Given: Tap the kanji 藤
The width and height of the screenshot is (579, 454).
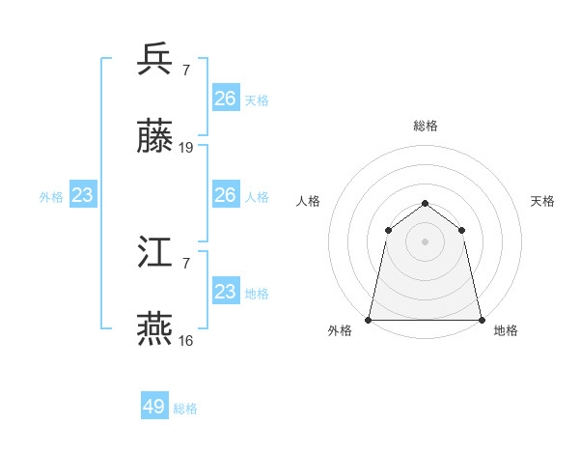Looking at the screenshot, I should [155, 137].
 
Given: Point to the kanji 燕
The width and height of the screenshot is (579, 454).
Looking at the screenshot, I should [155, 329].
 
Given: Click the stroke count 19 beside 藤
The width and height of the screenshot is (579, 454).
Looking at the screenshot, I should [186, 148].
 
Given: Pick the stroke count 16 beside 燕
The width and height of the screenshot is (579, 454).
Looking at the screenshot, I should [186, 341].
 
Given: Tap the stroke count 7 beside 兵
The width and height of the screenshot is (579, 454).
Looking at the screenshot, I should [186, 70].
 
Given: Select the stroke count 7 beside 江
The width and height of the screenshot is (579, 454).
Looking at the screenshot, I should [186, 263].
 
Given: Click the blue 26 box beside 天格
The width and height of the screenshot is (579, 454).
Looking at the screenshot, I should [226, 99].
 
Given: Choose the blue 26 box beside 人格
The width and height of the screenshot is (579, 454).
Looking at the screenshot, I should [226, 195].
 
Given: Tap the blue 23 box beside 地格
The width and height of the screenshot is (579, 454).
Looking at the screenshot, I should [226, 292].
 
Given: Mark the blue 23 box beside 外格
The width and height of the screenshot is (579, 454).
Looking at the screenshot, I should [83, 195].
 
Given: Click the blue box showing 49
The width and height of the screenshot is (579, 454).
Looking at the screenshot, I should [154, 407].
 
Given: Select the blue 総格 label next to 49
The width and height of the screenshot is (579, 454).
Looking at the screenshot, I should [185, 409].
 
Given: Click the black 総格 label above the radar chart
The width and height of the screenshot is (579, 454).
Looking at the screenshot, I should [426, 126].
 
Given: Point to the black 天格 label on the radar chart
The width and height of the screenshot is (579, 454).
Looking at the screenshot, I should [543, 201].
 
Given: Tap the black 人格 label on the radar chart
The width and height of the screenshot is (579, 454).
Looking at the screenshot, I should [308, 201].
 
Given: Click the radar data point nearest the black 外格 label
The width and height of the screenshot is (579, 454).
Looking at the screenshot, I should [369, 319].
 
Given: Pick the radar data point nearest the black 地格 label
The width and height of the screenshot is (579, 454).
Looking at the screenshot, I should [482, 319].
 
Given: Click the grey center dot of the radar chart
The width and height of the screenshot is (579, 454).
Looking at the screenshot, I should [426, 241].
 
